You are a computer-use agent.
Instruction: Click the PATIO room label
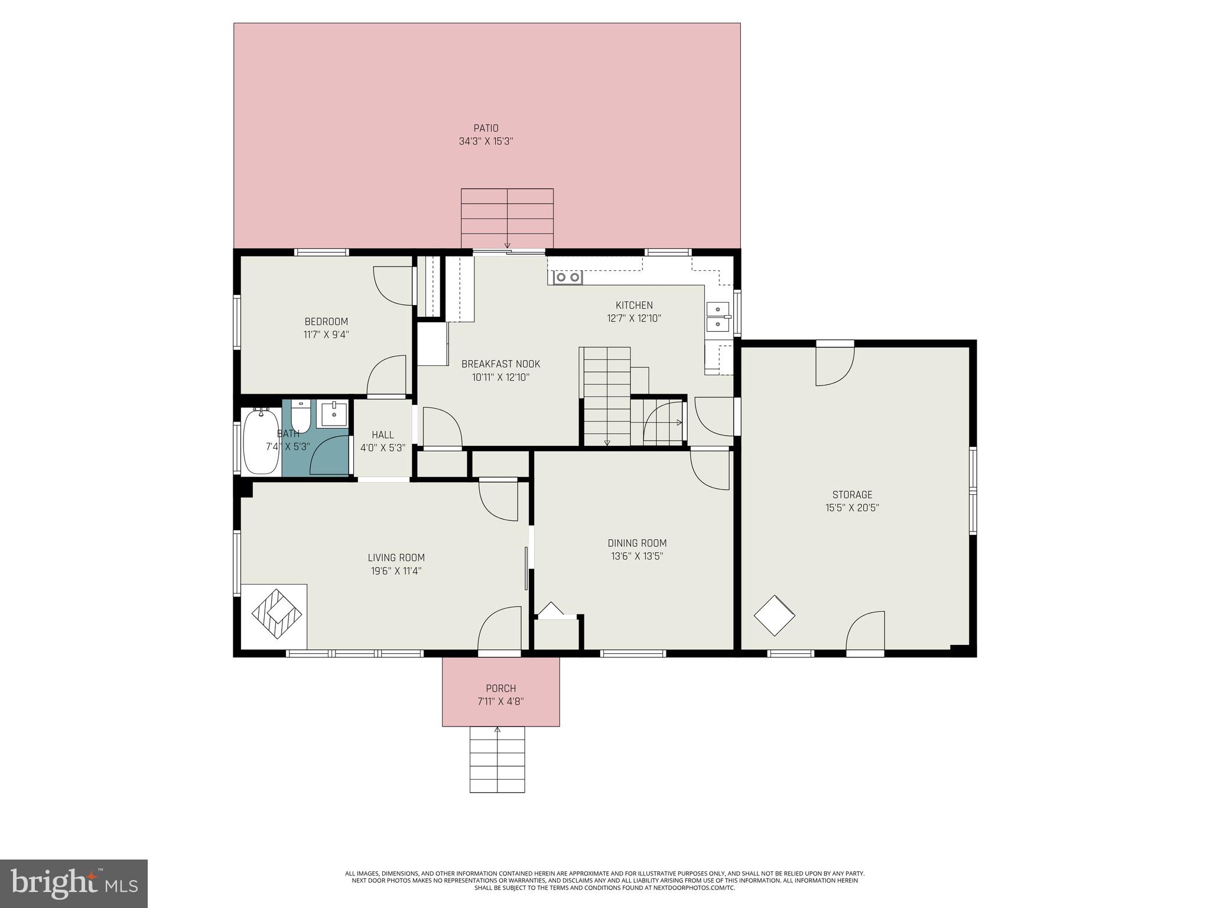pos(486,128)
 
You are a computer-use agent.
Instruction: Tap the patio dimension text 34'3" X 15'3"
pos(486,142)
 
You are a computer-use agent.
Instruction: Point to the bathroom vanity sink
pos(334,413)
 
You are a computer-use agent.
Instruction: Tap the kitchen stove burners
pos(568,277)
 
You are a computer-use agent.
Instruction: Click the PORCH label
pos(500,689)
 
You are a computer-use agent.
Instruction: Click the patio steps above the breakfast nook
pos(507,218)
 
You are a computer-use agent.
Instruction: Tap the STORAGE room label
pos(852,495)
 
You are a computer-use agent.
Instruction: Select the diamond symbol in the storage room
pos(774,615)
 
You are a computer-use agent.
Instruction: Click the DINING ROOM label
pos(637,543)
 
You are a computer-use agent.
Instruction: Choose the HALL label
pos(382,435)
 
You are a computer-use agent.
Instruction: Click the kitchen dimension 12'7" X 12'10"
pos(634,319)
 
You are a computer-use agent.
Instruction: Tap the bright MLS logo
pos(74,883)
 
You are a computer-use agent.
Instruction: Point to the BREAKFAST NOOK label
pos(500,364)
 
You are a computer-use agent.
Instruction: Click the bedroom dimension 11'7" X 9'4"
pos(326,335)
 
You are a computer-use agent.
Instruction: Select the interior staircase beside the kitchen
pos(607,396)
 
